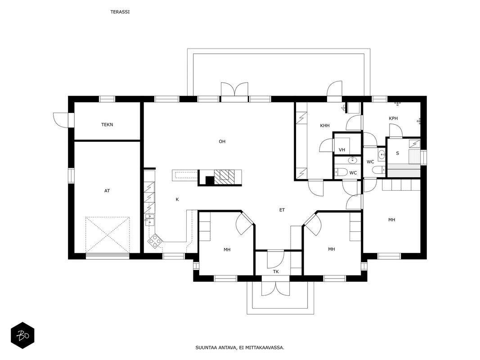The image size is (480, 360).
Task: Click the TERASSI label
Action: (x=120, y=12)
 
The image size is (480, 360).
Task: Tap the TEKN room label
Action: (x=107, y=125)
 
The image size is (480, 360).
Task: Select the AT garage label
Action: (x=107, y=191)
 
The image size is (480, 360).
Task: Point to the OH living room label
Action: (x=222, y=141)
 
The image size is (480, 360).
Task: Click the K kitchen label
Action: (x=177, y=199)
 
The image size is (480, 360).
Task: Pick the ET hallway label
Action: (x=282, y=210)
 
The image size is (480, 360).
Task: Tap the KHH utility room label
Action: (x=325, y=126)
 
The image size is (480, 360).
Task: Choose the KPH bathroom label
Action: (x=393, y=118)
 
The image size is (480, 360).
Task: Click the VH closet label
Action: (x=342, y=150)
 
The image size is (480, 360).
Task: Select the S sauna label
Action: (x=397, y=153)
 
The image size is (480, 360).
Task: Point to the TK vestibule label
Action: (x=276, y=271)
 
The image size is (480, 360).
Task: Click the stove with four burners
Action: (x=155, y=241)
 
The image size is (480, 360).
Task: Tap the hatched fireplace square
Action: (x=224, y=177)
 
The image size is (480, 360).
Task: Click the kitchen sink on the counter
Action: (x=150, y=220)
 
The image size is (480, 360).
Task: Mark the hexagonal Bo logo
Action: (x=22, y=336)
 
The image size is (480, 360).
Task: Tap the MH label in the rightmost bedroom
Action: (x=391, y=220)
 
